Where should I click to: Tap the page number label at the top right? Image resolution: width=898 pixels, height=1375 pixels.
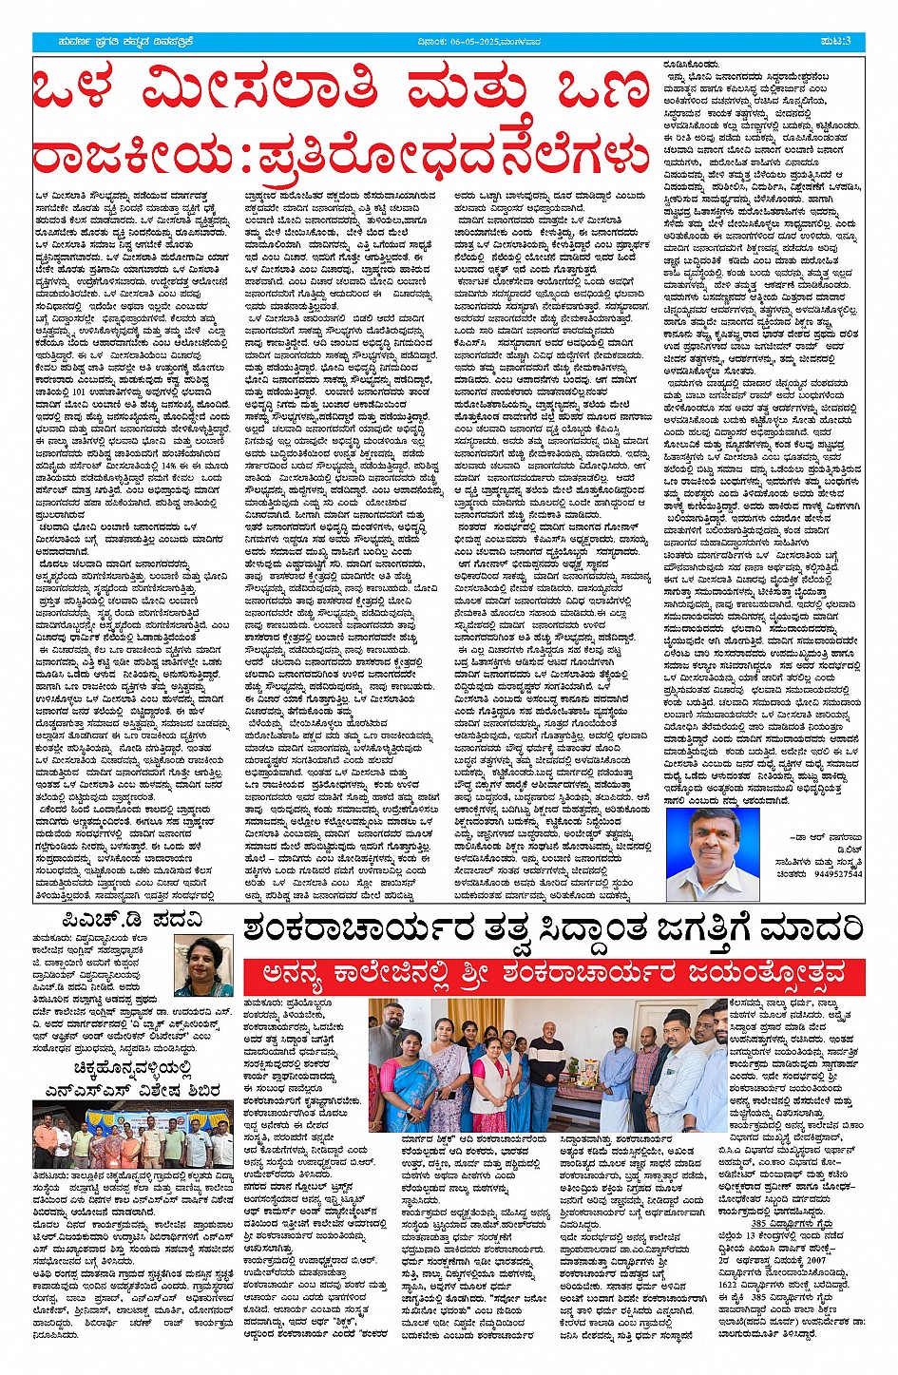[840, 42]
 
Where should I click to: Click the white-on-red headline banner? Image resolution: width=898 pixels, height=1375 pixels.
[555, 976]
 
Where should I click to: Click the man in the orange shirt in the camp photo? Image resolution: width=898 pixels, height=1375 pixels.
[45, 1136]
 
